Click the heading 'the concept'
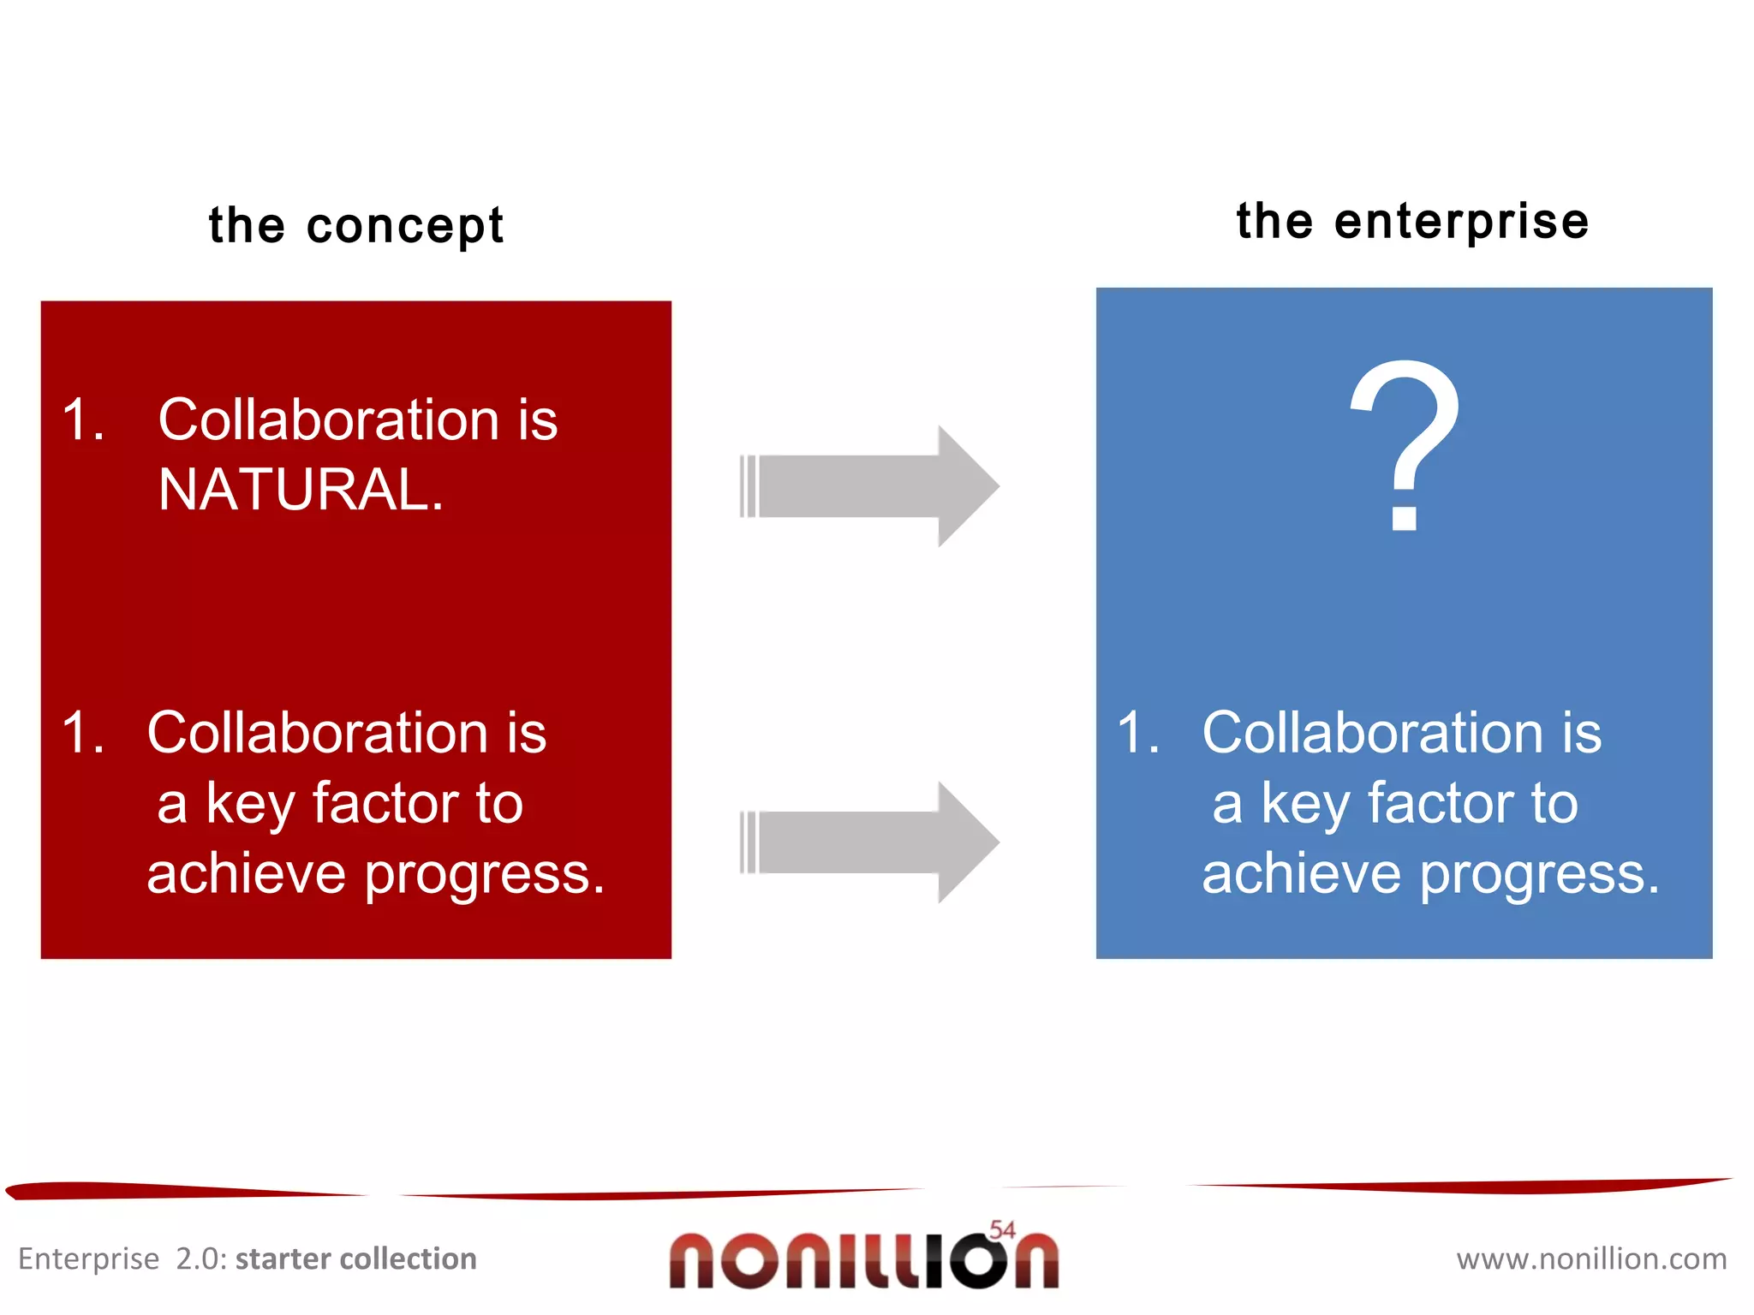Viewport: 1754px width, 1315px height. (356, 225)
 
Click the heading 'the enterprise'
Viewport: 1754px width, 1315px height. (1412, 221)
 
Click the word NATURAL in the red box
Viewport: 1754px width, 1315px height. (301, 491)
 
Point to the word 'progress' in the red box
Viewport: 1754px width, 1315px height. (485, 875)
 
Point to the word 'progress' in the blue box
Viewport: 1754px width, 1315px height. (1540, 875)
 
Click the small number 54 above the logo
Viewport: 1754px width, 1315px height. (1002, 1229)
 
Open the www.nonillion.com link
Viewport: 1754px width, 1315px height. (1591, 1258)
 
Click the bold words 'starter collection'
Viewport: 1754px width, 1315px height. (356, 1258)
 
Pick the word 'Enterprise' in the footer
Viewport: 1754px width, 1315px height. (88, 1259)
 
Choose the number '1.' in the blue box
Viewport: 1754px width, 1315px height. (1138, 733)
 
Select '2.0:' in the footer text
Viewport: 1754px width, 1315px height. (201, 1258)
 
